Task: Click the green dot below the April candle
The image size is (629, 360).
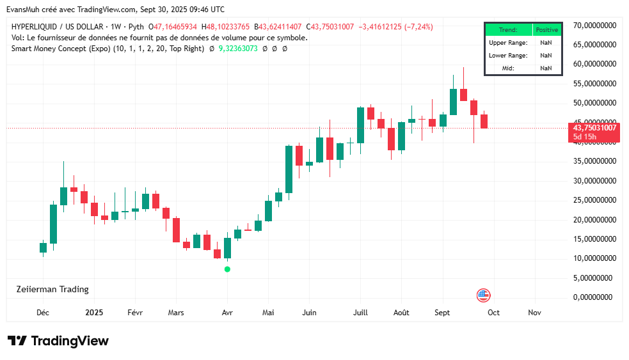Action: (x=227, y=269)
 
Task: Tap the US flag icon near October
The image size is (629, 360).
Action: (x=483, y=295)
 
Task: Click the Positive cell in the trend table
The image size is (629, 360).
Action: (x=546, y=29)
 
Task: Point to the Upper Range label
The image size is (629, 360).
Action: (x=508, y=42)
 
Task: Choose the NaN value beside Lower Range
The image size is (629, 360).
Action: (x=546, y=56)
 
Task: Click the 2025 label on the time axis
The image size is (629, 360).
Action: (x=94, y=313)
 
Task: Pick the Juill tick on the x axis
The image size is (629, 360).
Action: (x=360, y=313)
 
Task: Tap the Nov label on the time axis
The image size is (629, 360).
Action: (x=534, y=313)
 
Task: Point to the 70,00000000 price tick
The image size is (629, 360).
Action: (x=594, y=26)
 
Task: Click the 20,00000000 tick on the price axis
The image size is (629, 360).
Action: (x=594, y=220)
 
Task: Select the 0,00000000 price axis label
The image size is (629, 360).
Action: (x=593, y=297)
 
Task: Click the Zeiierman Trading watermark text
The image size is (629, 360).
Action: (x=52, y=289)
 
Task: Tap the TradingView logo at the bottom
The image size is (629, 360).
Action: (x=58, y=341)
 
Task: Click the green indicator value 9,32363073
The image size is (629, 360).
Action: (x=238, y=49)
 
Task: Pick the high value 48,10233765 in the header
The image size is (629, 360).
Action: (x=228, y=27)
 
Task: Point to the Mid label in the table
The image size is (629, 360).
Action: (x=508, y=68)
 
